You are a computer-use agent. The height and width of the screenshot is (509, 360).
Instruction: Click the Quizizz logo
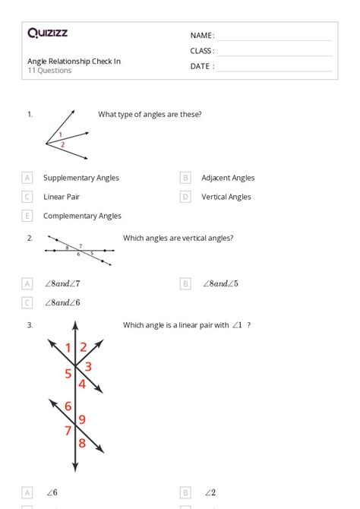[48, 33]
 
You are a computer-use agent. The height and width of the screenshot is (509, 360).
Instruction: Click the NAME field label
[202, 36]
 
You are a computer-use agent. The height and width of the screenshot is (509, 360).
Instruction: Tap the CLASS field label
[202, 51]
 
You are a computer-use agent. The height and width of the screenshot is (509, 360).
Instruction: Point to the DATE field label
[202, 66]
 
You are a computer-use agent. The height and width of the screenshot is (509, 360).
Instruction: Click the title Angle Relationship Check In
[74, 61]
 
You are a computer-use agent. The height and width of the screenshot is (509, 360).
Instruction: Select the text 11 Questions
[49, 71]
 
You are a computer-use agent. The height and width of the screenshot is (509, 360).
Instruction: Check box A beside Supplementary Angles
[27, 178]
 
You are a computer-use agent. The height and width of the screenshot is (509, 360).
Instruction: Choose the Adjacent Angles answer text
[228, 178]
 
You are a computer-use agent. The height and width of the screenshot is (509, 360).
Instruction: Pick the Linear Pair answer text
[62, 197]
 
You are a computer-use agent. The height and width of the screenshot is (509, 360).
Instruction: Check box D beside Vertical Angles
[185, 197]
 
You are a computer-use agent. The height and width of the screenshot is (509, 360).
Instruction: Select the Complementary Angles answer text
[82, 216]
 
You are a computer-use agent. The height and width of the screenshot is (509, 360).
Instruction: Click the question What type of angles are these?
[150, 115]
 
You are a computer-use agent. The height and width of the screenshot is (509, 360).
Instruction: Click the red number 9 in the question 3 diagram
[82, 419]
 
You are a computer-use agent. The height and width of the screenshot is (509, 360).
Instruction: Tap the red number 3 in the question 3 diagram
[88, 367]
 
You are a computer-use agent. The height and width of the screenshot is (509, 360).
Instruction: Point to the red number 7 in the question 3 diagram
[68, 431]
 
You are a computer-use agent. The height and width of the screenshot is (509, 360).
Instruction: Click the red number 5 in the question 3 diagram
[68, 373]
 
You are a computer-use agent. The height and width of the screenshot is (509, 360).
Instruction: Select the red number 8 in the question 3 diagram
[82, 442]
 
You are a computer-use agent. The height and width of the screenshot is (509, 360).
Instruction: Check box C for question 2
[27, 302]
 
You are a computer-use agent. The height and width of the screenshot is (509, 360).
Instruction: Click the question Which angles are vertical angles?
[178, 238]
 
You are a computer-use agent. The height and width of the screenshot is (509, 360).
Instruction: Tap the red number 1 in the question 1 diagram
[61, 134]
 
